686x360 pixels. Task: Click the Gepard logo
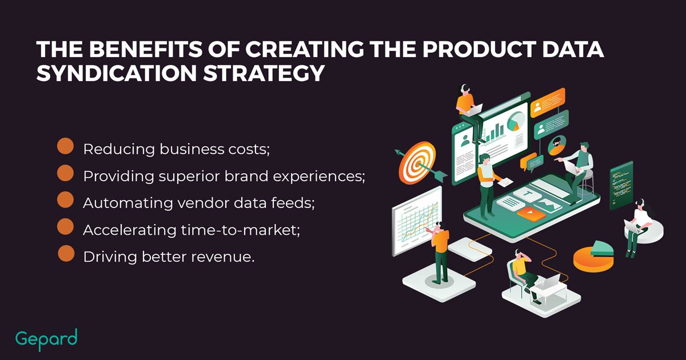[x=46, y=339]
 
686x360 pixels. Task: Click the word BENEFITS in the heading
[x=146, y=49]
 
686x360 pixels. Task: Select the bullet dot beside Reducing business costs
[x=66, y=146]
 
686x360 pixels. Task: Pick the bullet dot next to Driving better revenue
[x=66, y=253]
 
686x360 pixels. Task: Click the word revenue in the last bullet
[x=222, y=257]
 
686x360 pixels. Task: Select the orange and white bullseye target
[x=417, y=163]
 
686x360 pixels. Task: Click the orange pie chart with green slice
[x=593, y=256]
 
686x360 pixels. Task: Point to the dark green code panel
[x=621, y=186]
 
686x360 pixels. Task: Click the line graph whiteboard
[x=417, y=221]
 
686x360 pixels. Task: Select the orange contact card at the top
[x=548, y=102]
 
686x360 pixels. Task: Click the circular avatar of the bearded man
[x=557, y=145]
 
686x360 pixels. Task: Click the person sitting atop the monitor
[x=469, y=113]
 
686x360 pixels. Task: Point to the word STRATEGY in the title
[x=264, y=73]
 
